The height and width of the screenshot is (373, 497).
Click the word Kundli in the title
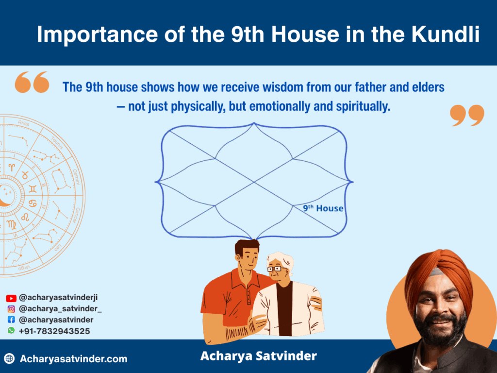pyautogui.click(x=446, y=34)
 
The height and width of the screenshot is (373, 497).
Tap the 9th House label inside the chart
pyautogui.click(x=323, y=208)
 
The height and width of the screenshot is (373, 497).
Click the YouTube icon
pyautogui.click(x=11, y=298)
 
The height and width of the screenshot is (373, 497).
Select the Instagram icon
pyautogui.click(x=11, y=309)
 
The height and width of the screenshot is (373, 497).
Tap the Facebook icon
pyautogui.click(x=11, y=320)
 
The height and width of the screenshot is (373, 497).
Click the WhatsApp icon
pyautogui.click(x=11, y=330)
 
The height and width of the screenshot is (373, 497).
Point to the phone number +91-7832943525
pyautogui.click(x=54, y=331)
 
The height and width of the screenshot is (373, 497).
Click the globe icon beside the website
pyautogui.click(x=10, y=358)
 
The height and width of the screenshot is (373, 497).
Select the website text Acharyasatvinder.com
pyautogui.click(x=74, y=359)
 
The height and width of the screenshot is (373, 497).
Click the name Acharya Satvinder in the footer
pyautogui.click(x=258, y=356)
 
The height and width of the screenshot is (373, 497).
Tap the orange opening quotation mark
pyautogui.click(x=32, y=82)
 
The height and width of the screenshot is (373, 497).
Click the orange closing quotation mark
pyautogui.click(x=467, y=116)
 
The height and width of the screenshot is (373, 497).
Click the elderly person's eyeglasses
pyautogui.click(x=276, y=269)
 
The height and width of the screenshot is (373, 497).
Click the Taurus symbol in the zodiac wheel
pyautogui.click(x=25, y=175)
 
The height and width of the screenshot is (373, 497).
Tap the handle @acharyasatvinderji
pyautogui.click(x=58, y=298)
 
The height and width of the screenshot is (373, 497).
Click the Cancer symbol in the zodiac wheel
pyautogui.click(x=33, y=203)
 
